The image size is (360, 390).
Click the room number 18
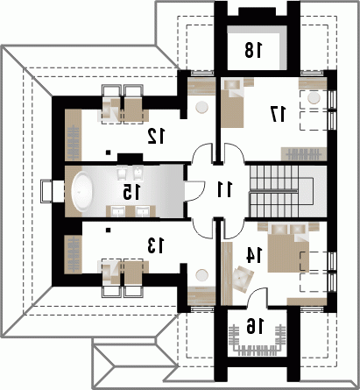253,50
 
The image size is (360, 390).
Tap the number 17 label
279,114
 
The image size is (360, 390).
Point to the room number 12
156,136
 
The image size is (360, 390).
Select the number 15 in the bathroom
131,192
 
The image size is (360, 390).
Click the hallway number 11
224,189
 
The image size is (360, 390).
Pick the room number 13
156,245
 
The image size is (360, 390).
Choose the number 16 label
255,326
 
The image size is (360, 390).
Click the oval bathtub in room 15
82,191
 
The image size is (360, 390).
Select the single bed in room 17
232,103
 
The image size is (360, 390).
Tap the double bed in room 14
288,248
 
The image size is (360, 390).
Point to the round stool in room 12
202,107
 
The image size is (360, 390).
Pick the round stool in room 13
202,275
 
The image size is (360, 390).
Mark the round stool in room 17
314,98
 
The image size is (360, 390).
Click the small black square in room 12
108,152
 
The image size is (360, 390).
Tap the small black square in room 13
108,230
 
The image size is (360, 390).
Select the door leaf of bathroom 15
194,191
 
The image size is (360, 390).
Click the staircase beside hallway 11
282,191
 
